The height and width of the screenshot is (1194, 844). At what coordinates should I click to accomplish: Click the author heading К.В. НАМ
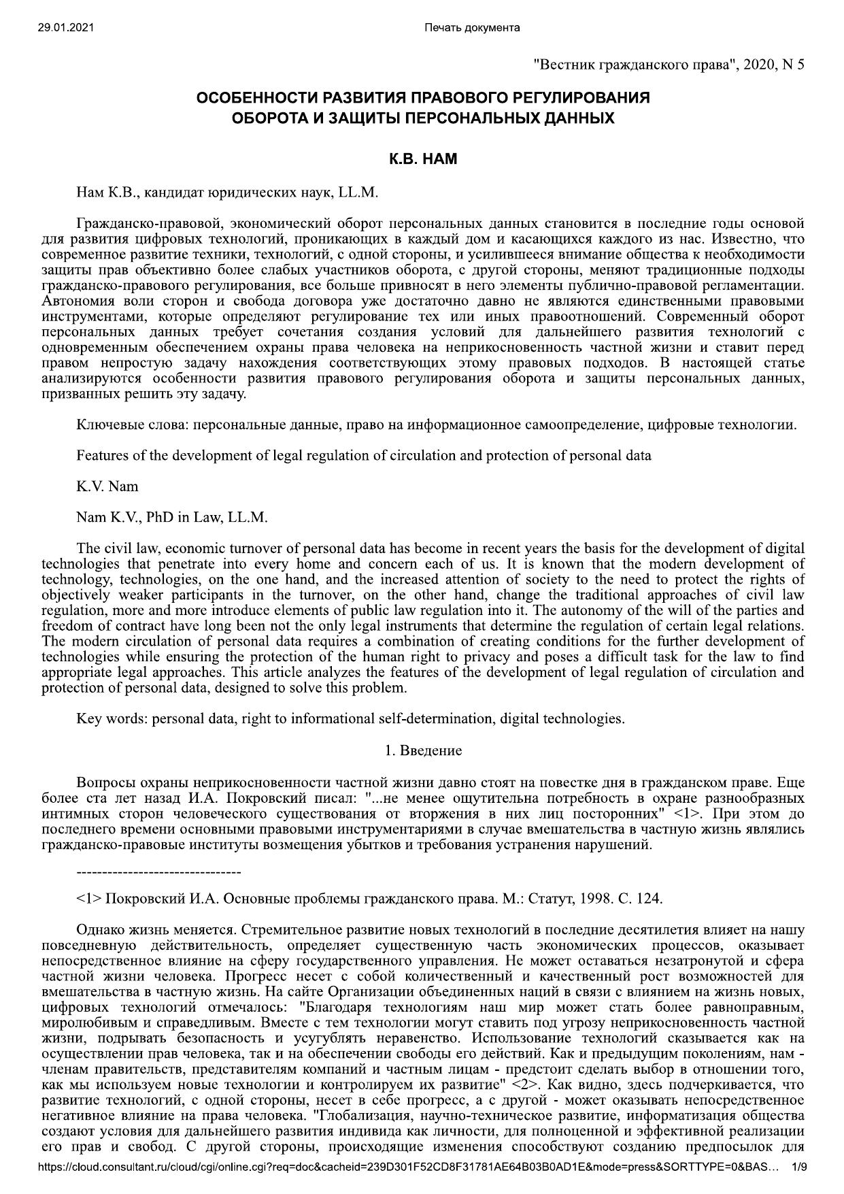422,160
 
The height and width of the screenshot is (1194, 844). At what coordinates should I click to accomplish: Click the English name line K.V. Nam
107,486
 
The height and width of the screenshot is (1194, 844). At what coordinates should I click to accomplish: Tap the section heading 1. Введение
422,750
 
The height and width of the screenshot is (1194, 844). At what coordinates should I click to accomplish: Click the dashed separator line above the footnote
158,872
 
